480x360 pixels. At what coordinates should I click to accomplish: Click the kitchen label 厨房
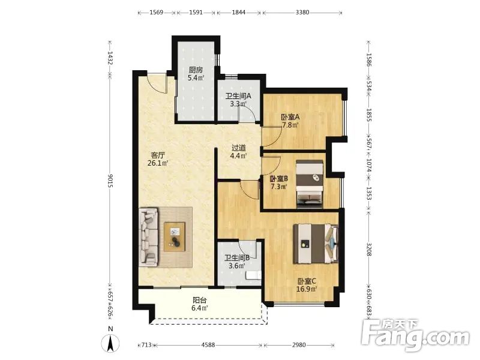pyautogui.click(x=196, y=70)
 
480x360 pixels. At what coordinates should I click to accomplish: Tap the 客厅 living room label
pyautogui.click(x=158, y=155)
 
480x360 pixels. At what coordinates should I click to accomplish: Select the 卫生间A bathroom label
pyautogui.click(x=238, y=96)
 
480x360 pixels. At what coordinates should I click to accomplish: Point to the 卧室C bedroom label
pyautogui.click(x=307, y=281)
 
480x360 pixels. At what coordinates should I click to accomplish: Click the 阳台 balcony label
pyautogui.click(x=199, y=301)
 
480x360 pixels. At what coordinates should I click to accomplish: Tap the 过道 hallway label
pyautogui.click(x=238, y=148)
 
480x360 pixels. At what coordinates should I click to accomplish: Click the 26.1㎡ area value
pyautogui.click(x=158, y=163)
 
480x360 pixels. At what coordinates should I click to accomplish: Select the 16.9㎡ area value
pyautogui.click(x=307, y=289)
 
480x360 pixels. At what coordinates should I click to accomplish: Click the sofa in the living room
pyautogui.click(x=149, y=237)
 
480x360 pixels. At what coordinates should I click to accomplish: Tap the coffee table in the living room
pyautogui.click(x=175, y=237)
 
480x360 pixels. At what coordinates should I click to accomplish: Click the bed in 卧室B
pyautogui.click(x=310, y=184)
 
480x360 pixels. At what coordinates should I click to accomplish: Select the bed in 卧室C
pyautogui.click(x=316, y=244)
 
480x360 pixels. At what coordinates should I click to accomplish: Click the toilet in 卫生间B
pyautogui.click(x=254, y=275)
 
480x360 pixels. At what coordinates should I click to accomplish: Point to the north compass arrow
pyautogui.click(x=111, y=343)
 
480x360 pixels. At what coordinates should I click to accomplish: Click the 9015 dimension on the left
pyautogui.click(x=110, y=181)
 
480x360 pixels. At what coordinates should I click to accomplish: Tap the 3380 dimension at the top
pyautogui.click(x=302, y=13)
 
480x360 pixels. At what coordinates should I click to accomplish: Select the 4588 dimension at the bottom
pyautogui.click(x=208, y=345)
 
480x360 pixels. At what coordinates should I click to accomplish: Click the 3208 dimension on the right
pyautogui.click(x=369, y=250)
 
